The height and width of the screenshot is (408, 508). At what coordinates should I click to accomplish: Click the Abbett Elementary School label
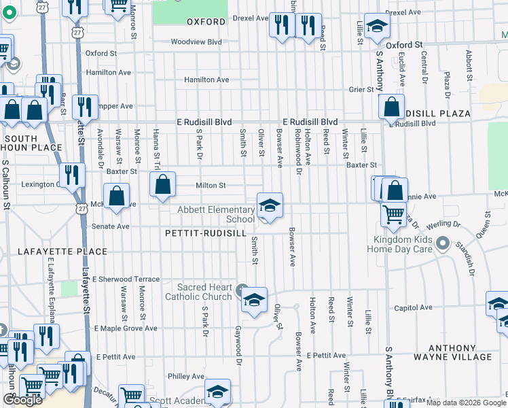click(x=215, y=214)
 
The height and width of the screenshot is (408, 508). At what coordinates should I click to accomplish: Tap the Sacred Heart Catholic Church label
click(x=198, y=292)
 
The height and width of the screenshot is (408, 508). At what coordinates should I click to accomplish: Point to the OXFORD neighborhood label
click(x=206, y=22)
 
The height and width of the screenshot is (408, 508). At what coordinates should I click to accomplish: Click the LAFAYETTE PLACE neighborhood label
click(x=73, y=252)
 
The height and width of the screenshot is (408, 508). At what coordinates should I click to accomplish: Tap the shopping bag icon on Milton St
click(x=162, y=185)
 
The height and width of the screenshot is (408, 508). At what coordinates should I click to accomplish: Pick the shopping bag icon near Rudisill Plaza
click(x=391, y=107)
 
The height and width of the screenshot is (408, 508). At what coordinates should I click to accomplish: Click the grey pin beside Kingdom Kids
click(x=443, y=243)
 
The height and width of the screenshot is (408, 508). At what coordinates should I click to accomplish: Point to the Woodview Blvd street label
click(x=196, y=42)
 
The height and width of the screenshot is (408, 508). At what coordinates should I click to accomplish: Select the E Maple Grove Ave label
click(x=126, y=328)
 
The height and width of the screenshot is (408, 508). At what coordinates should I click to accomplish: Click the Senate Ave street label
click(x=111, y=226)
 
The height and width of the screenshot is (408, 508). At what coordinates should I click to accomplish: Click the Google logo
click(x=22, y=400)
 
